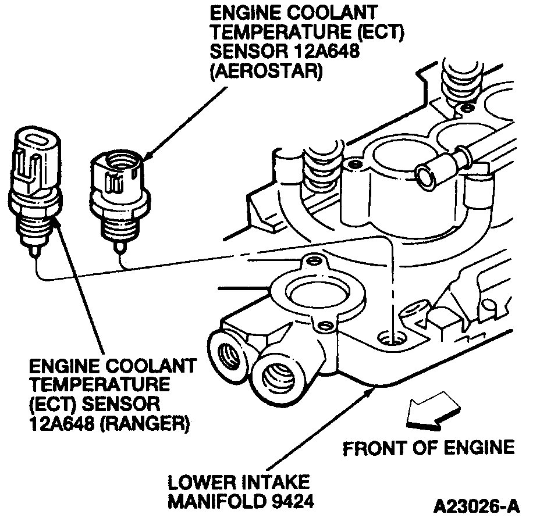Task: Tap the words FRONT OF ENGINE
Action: coord(428,448)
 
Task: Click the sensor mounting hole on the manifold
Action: coord(390,337)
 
